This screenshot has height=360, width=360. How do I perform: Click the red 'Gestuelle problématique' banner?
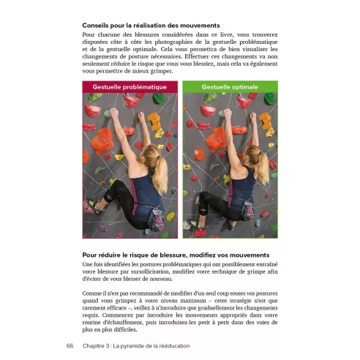tap(130, 86)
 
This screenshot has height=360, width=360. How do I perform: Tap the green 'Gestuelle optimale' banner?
tap(230, 86)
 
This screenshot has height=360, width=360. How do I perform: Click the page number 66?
tap(70, 346)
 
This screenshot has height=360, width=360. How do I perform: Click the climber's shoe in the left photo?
tap(94, 206)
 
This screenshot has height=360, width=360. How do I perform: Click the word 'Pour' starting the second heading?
tap(91, 254)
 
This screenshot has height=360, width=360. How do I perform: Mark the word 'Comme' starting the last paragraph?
tap(93, 292)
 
